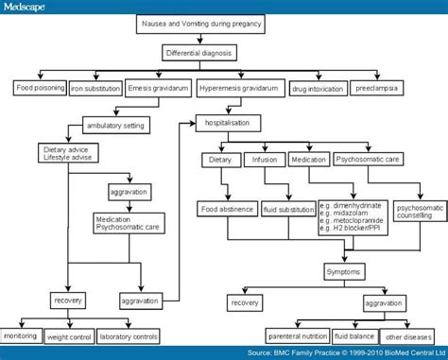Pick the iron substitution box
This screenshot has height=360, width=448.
click(95, 89)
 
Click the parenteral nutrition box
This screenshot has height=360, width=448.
click(301, 334)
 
